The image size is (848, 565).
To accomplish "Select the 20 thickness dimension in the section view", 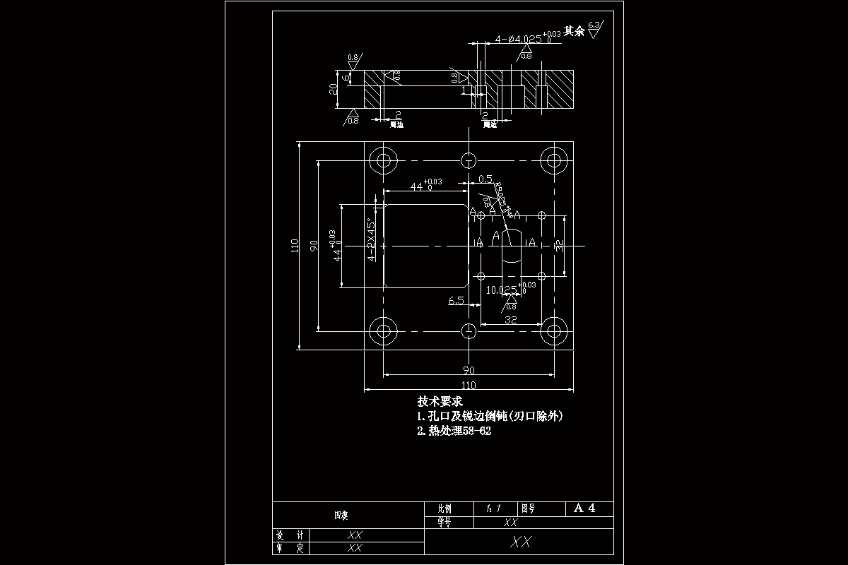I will [x=333, y=88].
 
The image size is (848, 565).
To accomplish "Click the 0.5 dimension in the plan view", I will [x=485, y=179].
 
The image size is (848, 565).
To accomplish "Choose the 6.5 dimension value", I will [x=457, y=301].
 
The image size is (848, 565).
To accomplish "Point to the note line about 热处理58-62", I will [x=454, y=431].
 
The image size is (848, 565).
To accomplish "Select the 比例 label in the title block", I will [x=444, y=509].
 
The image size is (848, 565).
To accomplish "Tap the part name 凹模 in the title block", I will [x=341, y=515].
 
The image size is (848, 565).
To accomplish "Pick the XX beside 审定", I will [x=355, y=547].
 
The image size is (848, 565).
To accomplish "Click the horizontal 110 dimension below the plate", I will [x=469, y=386].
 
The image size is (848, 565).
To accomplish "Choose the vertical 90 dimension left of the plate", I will [x=314, y=246].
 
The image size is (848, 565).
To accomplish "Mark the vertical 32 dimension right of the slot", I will [x=559, y=246].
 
